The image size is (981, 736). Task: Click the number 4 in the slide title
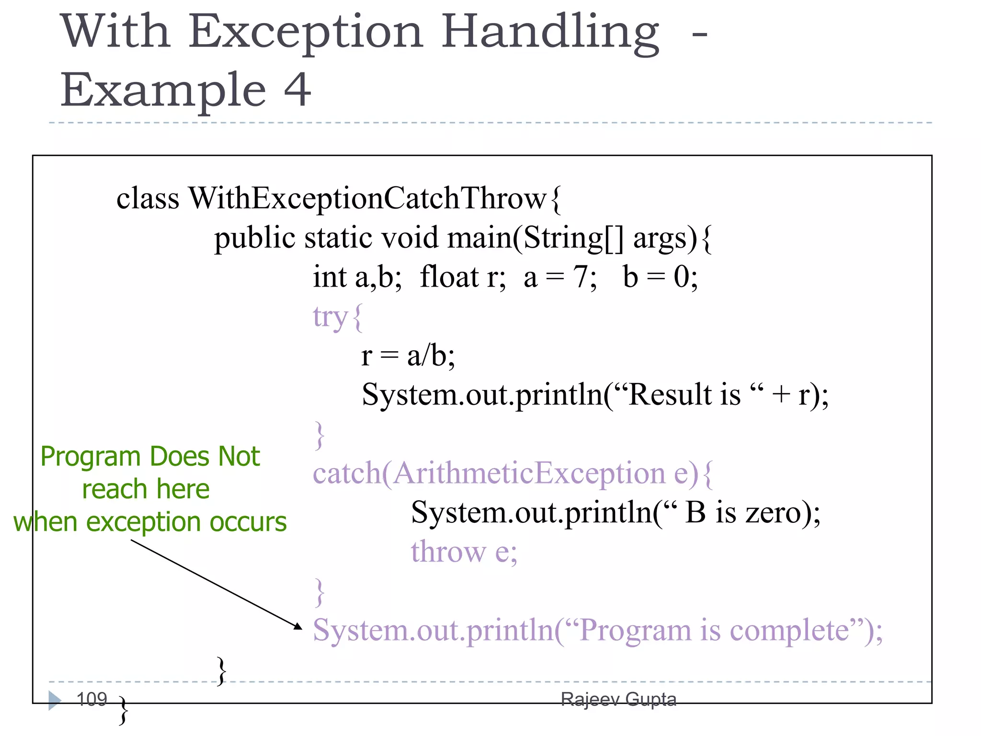tap(297, 90)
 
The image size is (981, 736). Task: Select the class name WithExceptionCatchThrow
tap(367, 198)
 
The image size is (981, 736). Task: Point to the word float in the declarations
tap(449, 277)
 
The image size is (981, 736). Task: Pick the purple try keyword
tap(330, 317)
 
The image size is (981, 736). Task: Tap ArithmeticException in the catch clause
tap(529, 473)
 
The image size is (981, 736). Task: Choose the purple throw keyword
tap(448, 552)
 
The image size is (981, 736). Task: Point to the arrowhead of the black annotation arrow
tap(298, 626)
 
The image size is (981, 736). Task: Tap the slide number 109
tap(92, 699)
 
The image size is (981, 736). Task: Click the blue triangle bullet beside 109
tap(55, 701)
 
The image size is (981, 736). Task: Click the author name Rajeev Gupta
tap(618, 700)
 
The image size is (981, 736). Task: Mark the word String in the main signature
tap(563, 238)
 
